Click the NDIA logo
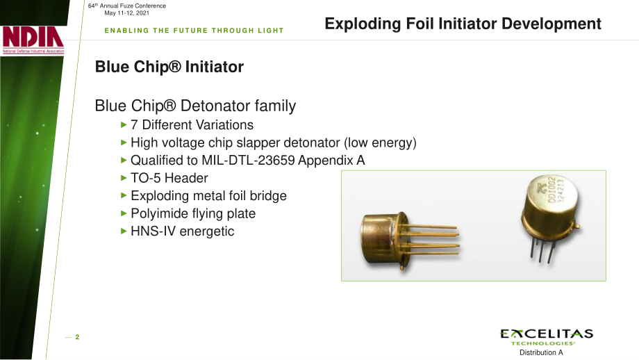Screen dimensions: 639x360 [33, 40]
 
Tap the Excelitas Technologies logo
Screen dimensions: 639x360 [547, 337]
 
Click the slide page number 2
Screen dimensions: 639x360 [77, 337]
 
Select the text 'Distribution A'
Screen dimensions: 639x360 [541, 352]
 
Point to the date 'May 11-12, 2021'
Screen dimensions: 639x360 [126, 13]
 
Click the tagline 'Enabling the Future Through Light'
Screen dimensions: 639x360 [194, 31]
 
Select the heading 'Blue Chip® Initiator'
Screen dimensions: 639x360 [169, 67]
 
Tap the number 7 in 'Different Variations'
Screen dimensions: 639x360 [134, 125]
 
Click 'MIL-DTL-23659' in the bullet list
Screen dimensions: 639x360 [248, 161]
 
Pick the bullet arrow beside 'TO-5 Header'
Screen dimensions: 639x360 [124, 178]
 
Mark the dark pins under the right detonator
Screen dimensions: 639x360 [542, 249]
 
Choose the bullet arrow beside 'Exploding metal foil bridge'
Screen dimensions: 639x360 [124, 195]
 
